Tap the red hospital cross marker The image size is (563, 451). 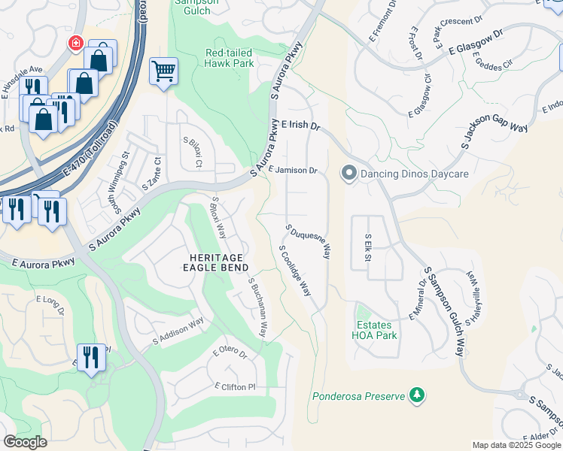coord(76,44)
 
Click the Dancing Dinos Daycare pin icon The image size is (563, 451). coord(348,174)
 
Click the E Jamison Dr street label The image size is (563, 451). coord(292,171)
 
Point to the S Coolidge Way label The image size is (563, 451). coord(295,270)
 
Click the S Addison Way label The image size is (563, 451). coord(178,328)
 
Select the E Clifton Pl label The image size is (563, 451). coord(235,387)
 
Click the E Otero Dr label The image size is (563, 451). coord(230,352)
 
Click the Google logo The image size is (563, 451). coord(25,442)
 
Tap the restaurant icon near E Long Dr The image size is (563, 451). coord(91,358)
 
